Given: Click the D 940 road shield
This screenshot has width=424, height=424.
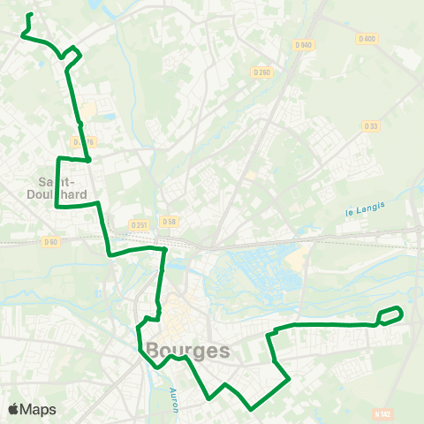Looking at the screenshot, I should tap(304, 45).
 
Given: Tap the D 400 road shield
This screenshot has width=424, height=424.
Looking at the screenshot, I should tap(367, 39).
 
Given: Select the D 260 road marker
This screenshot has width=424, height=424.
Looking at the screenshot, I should tap(261, 72).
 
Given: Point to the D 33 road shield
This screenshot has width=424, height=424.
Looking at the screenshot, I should tap(371, 126).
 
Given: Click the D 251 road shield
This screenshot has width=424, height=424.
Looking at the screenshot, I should tap(137, 224).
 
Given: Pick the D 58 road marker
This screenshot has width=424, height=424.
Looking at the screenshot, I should tap(170, 222).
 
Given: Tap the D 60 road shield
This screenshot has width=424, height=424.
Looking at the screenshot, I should tap(50, 241).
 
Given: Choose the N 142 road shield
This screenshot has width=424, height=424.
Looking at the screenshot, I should tap(382, 413).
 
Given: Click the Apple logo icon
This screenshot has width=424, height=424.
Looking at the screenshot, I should tap(13, 409).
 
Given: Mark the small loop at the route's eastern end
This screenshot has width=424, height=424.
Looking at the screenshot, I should tap(390, 315).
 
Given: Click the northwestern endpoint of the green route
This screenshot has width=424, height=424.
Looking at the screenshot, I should tap(31, 15).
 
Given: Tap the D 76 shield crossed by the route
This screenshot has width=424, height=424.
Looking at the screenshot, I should tap(84, 141).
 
